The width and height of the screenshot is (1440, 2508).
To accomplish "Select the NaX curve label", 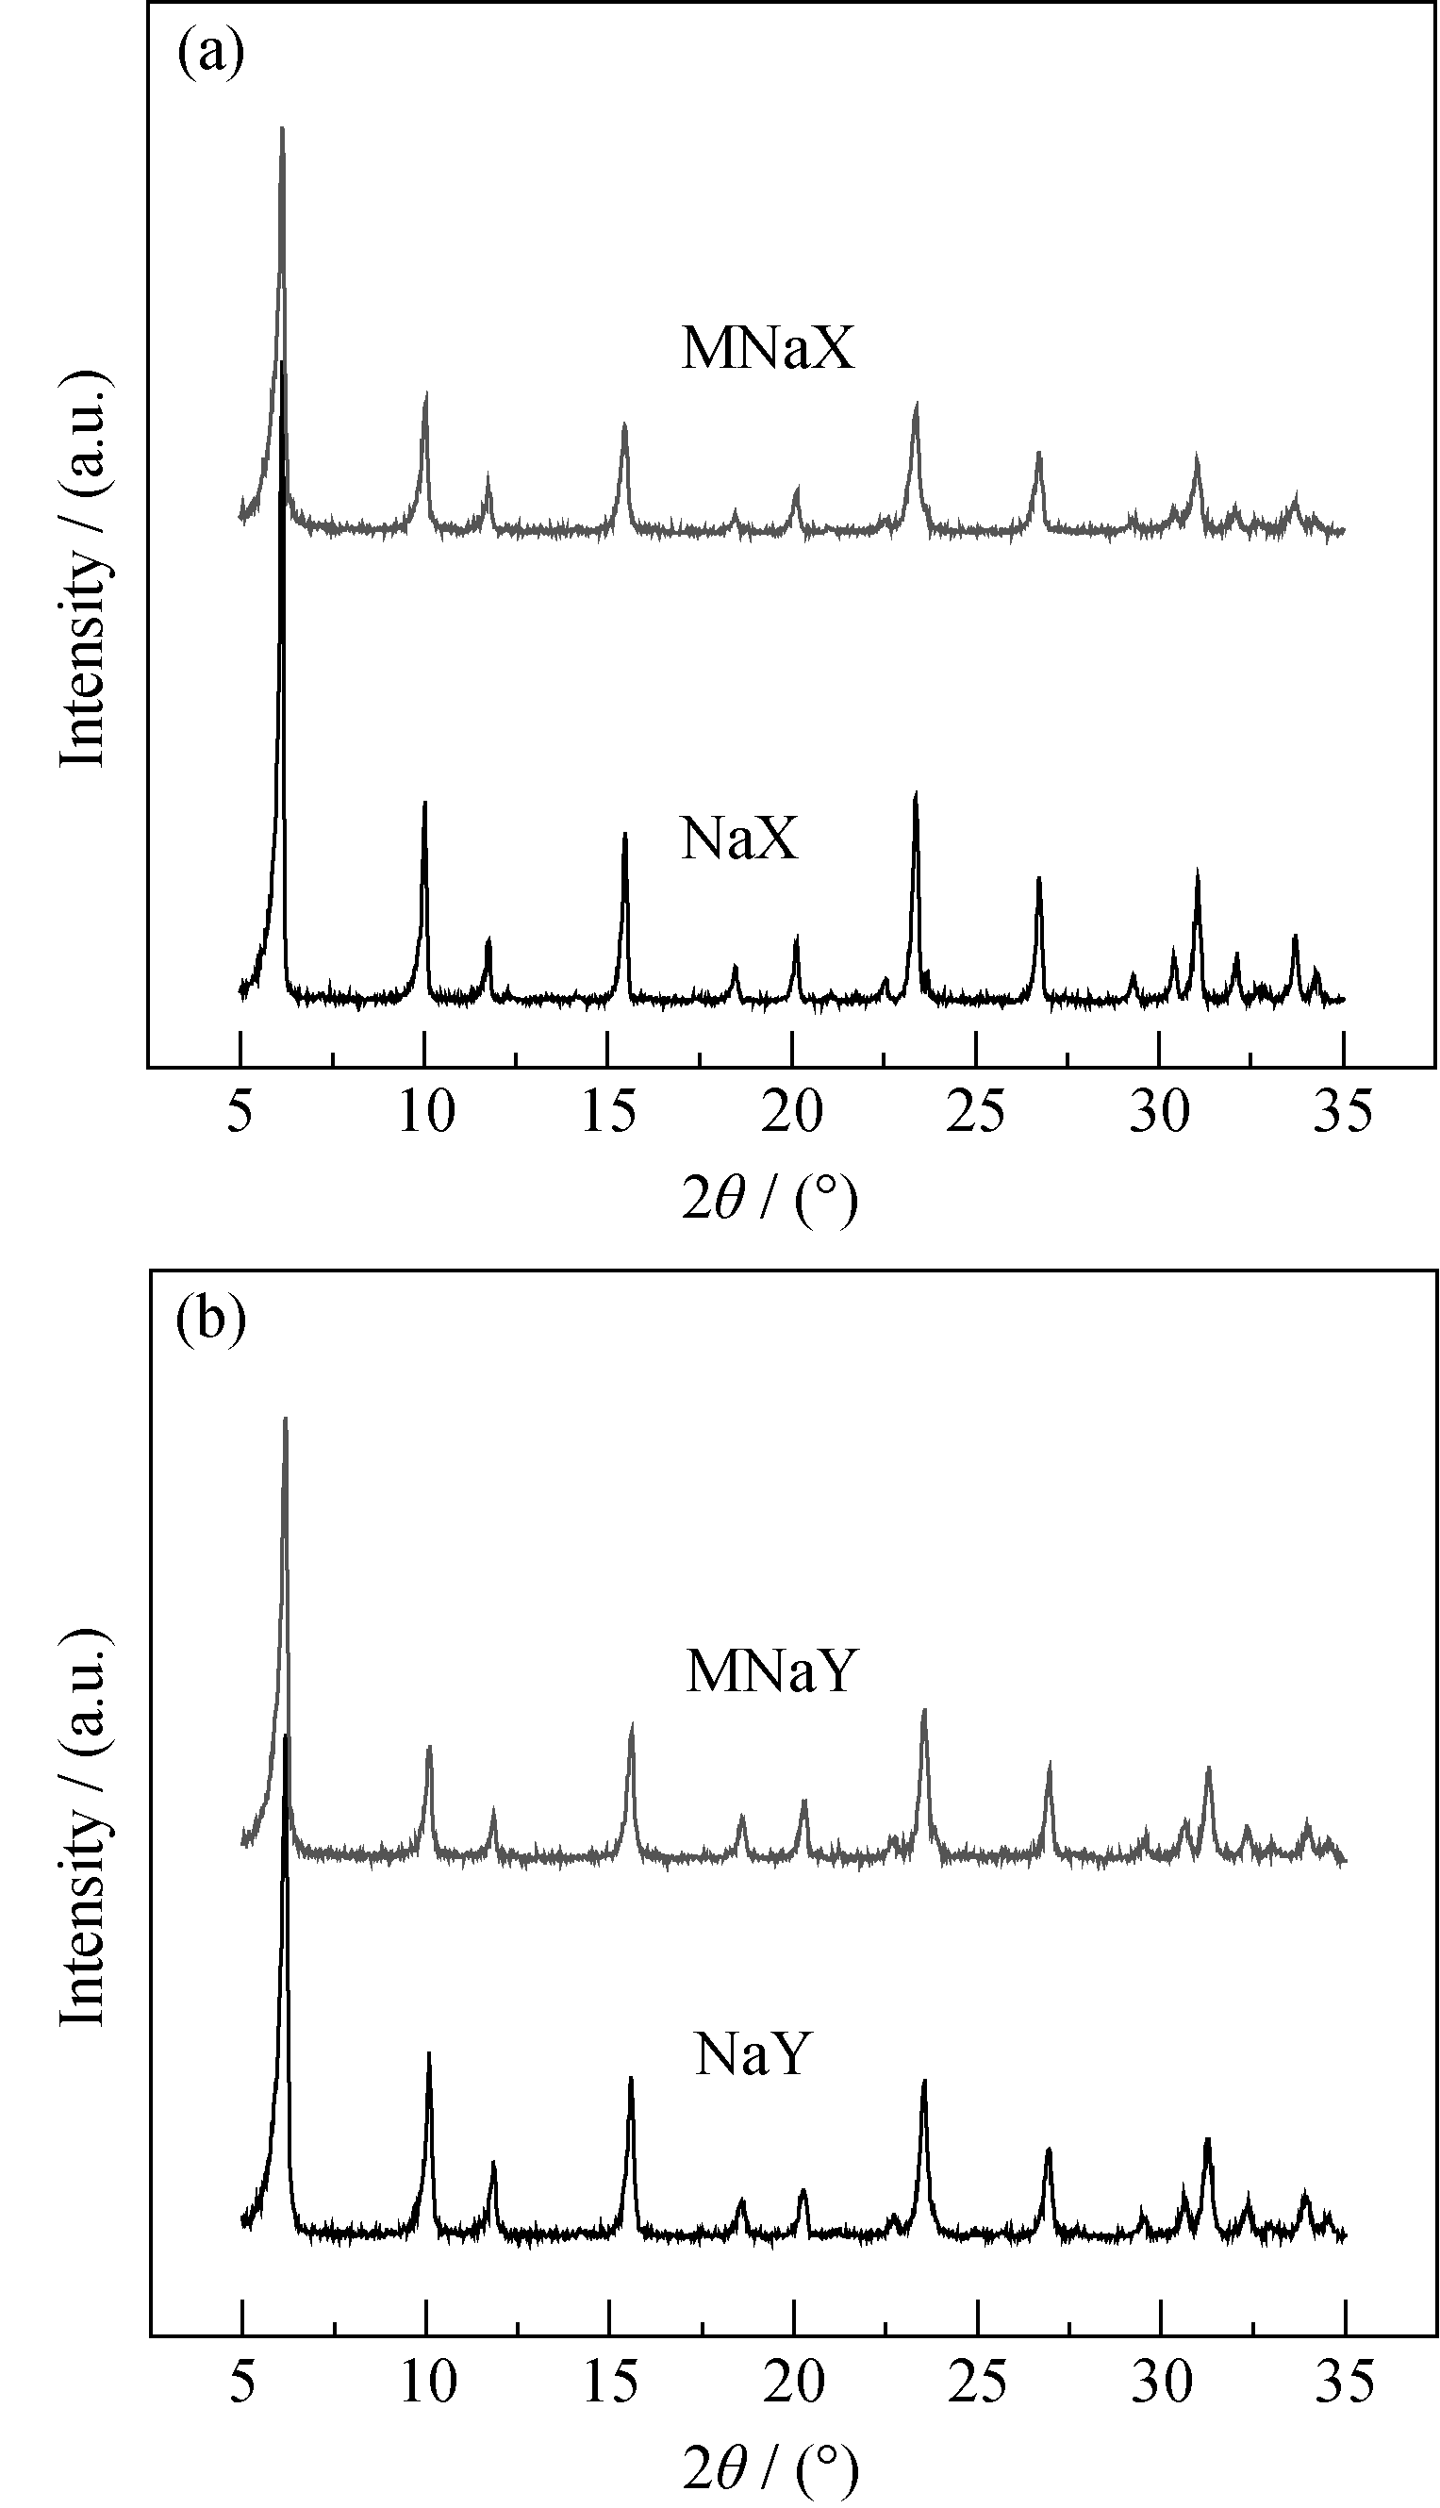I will [737, 839].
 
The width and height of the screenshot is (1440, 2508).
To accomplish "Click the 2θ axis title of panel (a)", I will [769, 1201].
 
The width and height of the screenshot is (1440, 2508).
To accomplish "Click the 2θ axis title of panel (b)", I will [770, 2466].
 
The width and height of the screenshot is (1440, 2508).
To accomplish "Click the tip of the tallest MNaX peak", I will [282, 127].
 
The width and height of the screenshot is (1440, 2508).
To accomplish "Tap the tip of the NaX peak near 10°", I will [424, 802].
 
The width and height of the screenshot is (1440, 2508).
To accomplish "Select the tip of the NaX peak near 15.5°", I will [624, 834].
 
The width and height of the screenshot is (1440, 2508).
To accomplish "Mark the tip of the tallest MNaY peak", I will [285, 1419].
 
